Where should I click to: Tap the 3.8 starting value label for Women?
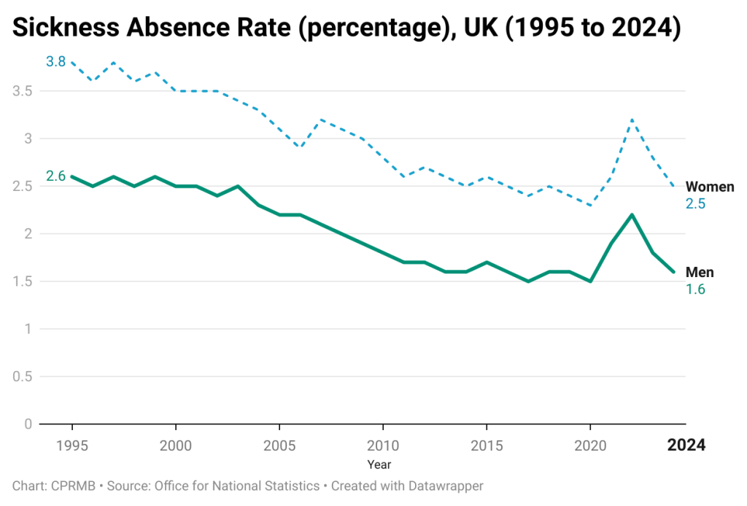click(x=55, y=62)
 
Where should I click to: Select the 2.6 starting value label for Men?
click(x=55, y=176)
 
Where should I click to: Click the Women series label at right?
click(x=709, y=187)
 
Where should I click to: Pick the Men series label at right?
click(x=700, y=272)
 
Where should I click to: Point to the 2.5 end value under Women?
click(x=695, y=204)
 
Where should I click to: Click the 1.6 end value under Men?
click(x=695, y=289)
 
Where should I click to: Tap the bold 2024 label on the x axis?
click(x=687, y=445)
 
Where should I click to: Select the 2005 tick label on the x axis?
click(x=279, y=445)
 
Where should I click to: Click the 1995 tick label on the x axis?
click(x=72, y=445)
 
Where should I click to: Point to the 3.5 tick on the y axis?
click(x=23, y=91)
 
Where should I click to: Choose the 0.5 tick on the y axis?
click(x=23, y=376)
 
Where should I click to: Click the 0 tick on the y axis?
click(x=28, y=424)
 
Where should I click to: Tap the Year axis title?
click(x=379, y=464)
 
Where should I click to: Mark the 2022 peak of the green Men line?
click(x=632, y=214)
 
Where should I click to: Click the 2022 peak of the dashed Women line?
click(x=632, y=120)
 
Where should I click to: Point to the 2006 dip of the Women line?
click(x=300, y=147)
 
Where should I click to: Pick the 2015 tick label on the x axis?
click(x=487, y=445)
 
